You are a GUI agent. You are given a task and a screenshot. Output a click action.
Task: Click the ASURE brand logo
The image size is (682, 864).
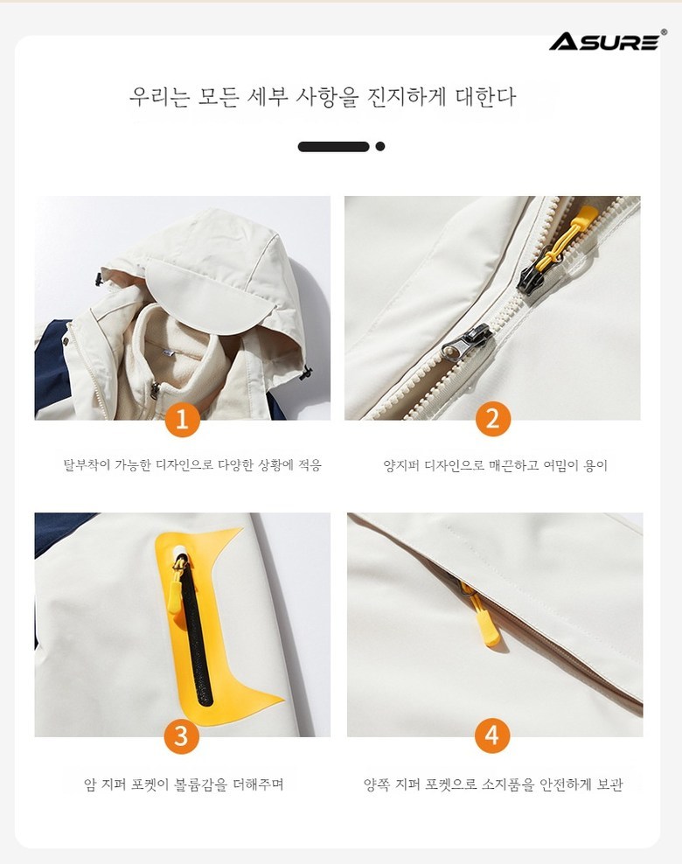click(x=607, y=41)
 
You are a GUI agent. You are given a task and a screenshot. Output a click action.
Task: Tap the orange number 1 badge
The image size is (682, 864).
click(x=182, y=420)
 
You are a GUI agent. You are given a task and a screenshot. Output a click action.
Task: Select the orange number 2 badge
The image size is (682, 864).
click(x=492, y=419)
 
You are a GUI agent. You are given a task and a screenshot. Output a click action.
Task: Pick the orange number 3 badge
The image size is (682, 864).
click(x=181, y=736)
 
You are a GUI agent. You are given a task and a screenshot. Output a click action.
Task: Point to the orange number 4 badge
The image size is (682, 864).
click(x=492, y=735)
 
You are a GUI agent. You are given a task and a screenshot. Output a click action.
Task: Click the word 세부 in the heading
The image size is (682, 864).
click(x=268, y=97)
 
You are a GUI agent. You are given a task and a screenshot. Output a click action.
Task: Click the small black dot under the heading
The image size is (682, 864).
click(x=380, y=147)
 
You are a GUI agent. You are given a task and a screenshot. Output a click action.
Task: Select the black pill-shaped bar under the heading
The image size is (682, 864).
click(x=333, y=147)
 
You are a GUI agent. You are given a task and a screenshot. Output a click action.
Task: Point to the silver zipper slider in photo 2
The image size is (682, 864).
click(x=467, y=341)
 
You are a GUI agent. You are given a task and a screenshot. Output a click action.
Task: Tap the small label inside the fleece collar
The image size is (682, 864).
click(x=166, y=351)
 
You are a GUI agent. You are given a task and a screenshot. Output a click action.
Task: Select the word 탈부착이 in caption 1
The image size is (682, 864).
click(x=87, y=465)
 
